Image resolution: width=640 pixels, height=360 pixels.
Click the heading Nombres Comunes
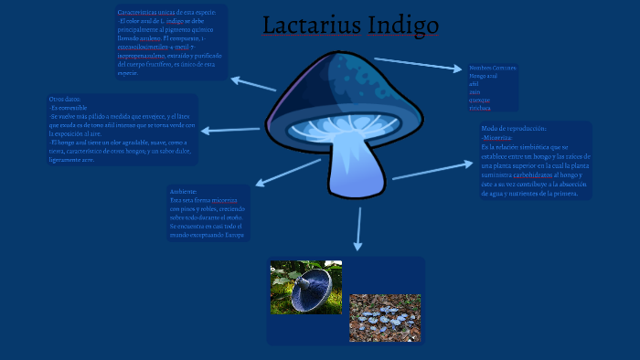(x=492, y=69)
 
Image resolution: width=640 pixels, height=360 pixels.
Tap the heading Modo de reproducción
(x=512, y=130)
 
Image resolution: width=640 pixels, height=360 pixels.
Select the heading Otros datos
(x=65, y=100)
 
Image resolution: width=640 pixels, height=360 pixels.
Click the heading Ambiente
(x=183, y=191)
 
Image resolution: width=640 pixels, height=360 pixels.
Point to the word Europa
(x=235, y=235)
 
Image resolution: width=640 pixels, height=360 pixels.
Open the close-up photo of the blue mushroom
(x=306, y=286)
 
